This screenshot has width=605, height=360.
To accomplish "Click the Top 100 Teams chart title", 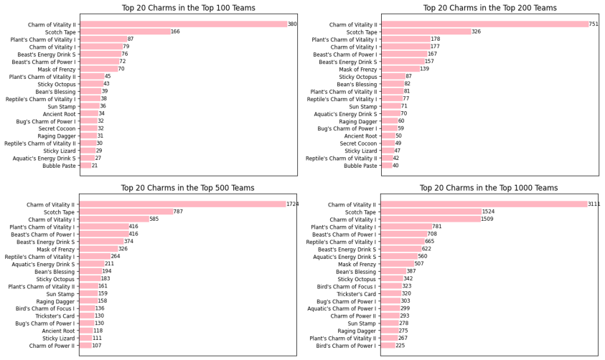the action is coord(188,8).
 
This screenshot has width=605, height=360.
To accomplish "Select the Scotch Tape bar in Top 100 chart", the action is coord(126,32).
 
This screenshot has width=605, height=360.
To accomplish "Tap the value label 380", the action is coord(293,24).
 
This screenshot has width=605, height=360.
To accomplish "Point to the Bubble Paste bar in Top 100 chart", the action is coord(85,166).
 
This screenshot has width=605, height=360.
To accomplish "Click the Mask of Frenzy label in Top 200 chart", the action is coord(357,70).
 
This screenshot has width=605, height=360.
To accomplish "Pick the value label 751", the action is coord(594,24).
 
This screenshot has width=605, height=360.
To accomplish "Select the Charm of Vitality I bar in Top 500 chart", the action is coord(114,219).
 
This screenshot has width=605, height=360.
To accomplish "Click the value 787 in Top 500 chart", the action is coord(178,212).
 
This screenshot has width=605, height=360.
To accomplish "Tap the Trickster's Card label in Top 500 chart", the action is coord(55,316).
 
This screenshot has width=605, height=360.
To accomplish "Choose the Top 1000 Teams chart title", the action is coord(489,188).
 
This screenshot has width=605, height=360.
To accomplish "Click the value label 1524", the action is coord(489,212).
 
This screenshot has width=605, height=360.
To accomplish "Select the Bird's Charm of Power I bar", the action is coord(388,346).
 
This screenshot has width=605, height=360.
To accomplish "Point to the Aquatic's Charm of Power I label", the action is coord(342,309).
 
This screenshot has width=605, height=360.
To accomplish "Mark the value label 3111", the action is coord(594,204).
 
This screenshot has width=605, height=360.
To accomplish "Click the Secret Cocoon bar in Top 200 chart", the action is coord(388,143).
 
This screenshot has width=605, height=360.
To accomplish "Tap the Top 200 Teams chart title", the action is coord(489,8).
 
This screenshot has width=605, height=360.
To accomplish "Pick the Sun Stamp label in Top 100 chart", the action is coord(62,107).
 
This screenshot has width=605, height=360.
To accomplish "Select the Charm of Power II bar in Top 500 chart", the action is coord(85,346).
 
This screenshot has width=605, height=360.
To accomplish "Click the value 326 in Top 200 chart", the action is coord(477,32).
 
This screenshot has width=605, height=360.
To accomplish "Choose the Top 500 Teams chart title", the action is coord(187,188).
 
